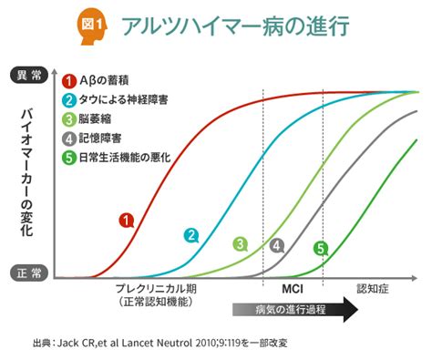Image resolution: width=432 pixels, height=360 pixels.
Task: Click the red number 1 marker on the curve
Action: point(127,220)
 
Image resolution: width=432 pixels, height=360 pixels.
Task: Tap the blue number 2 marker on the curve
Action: point(191,234)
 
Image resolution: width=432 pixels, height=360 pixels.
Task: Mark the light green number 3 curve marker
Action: point(240,243)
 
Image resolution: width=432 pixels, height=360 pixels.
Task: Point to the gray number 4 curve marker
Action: point(278,245)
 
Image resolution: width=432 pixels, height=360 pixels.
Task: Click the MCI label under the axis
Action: point(292,287)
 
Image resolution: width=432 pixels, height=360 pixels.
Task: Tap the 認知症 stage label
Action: point(373,287)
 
